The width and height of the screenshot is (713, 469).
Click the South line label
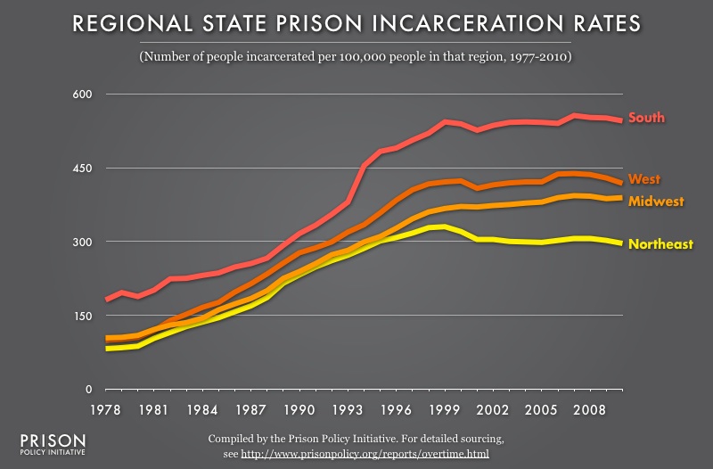click(x=646, y=118)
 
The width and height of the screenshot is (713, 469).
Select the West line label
click(x=643, y=179)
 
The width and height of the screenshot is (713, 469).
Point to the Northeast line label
click(x=660, y=244)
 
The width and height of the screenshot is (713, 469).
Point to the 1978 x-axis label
click(x=106, y=412)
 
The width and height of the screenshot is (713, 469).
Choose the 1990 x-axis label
click(x=299, y=412)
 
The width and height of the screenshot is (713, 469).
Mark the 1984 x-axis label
click(x=203, y=412)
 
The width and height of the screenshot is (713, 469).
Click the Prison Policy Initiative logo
click(x=53, y=446)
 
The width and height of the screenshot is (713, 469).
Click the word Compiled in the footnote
click(x=232, y=440)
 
